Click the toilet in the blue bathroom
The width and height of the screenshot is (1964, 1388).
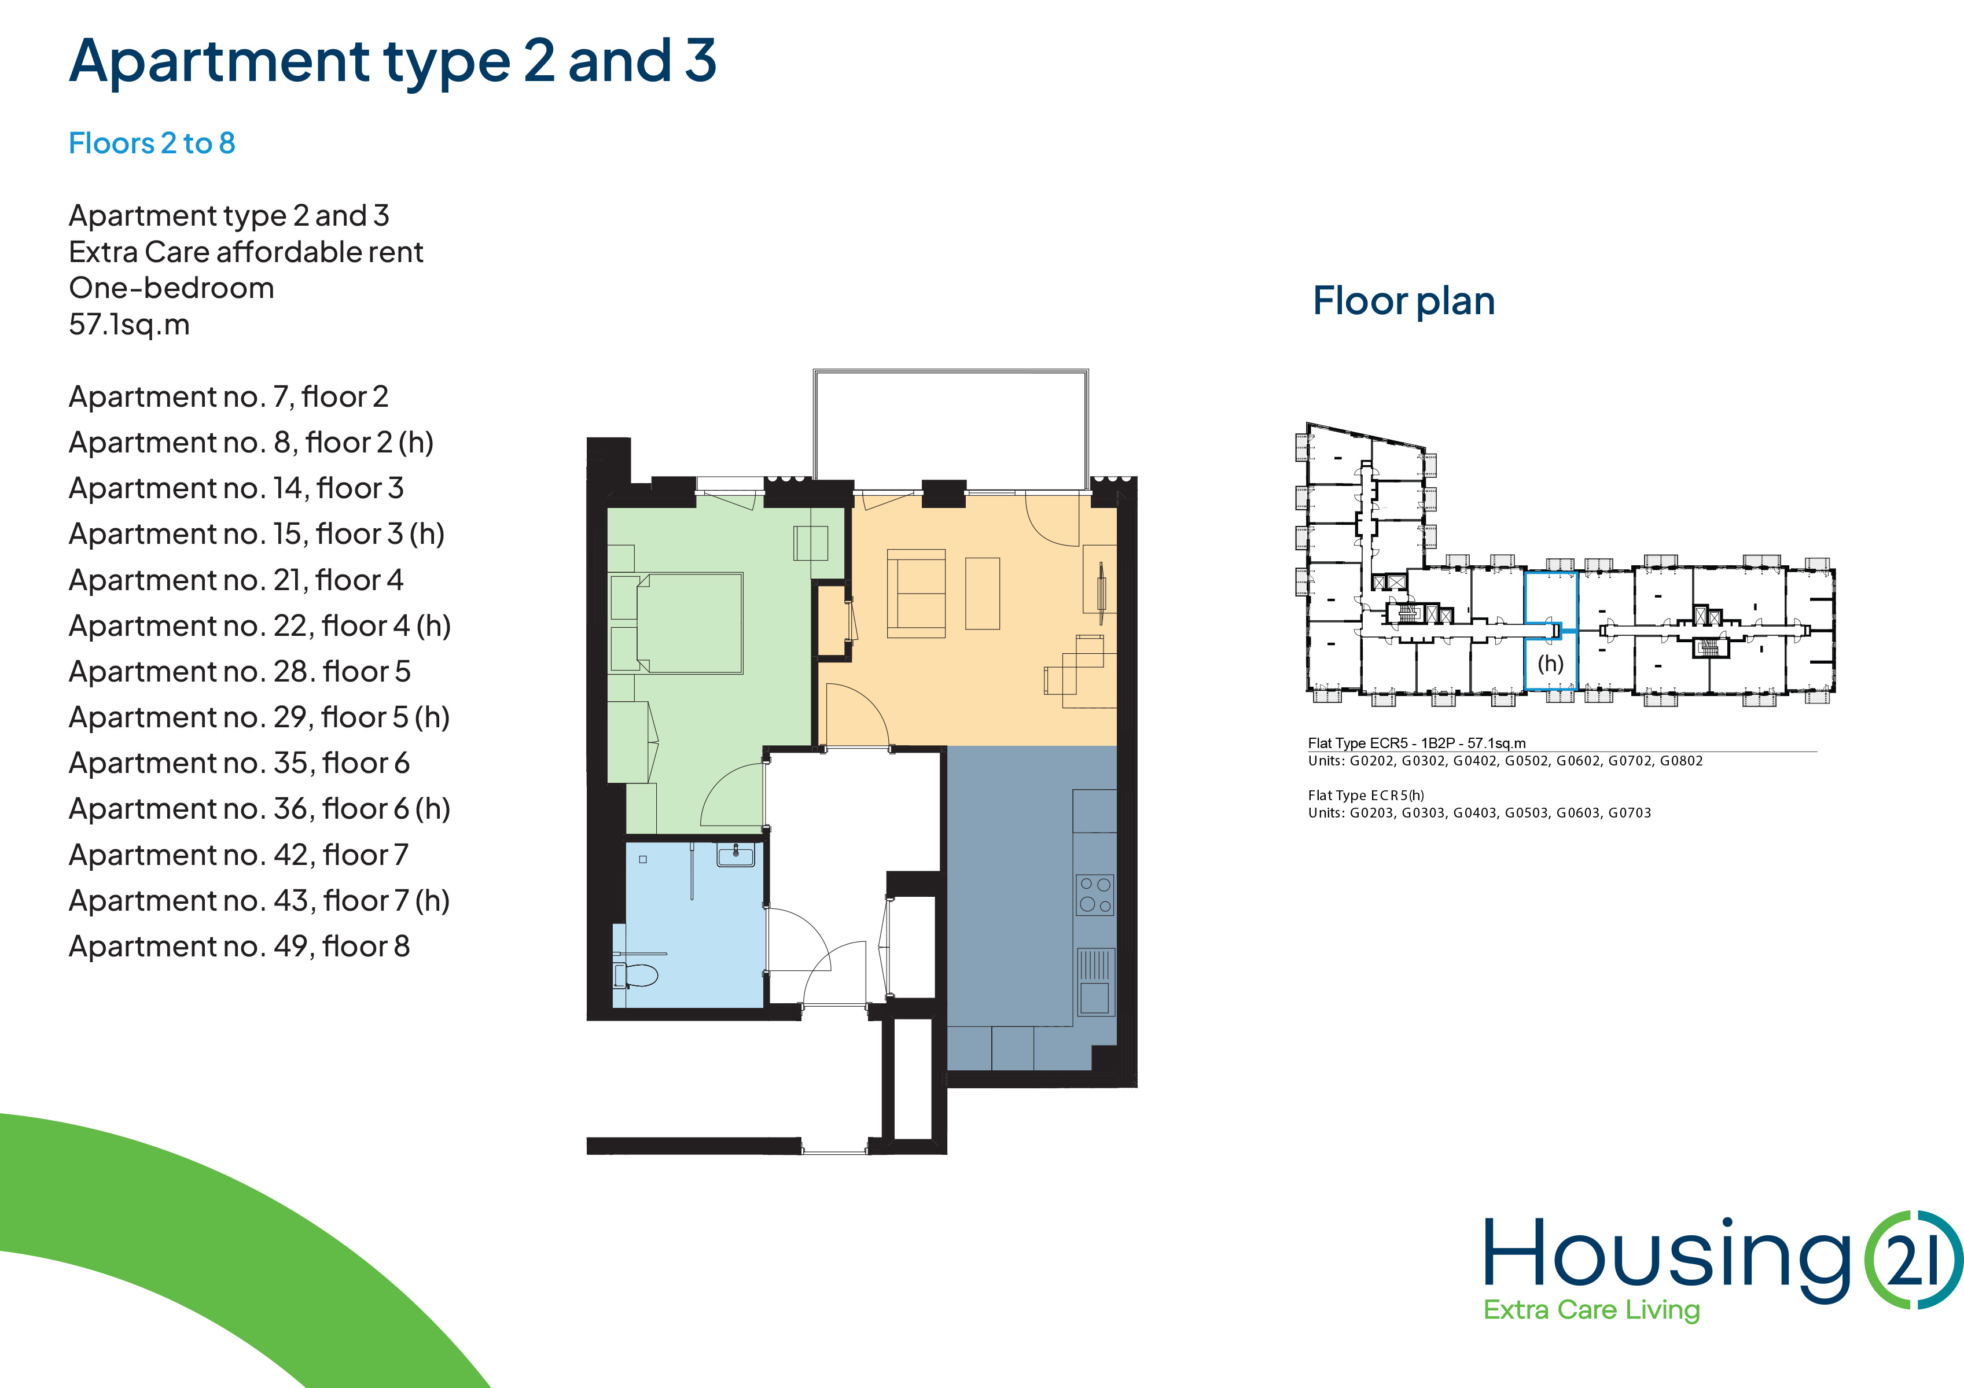coord(635,975)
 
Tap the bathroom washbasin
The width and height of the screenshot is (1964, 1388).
coord(735,855)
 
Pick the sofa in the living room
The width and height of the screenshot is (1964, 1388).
coord(916,594)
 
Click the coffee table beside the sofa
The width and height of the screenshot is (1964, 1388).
coord(983,594)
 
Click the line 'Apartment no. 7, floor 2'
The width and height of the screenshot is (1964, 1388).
coord(229,397)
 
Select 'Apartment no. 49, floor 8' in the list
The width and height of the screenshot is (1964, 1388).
coord(240,947)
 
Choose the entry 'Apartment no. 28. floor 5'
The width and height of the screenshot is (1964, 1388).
coord(240,671)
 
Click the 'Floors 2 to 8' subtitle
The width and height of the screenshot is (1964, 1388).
coord(152,143)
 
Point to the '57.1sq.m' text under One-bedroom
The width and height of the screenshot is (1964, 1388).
coord(129,325)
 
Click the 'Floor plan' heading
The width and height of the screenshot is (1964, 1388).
coord(1404,301)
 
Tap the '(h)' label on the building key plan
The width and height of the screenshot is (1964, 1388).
coord(1550,664)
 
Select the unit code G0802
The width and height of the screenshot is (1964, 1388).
coord(1681,761)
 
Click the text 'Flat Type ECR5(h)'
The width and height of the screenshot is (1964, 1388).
coord(1366,796)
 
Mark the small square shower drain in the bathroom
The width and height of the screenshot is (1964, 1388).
coord(643,860)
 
